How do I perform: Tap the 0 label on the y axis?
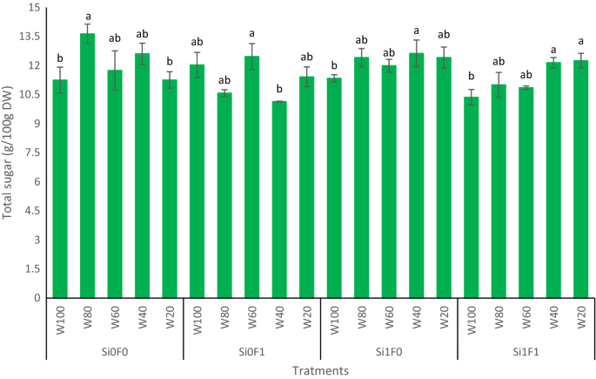[x=38, y=298]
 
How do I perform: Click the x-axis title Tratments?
[x=320, y=370]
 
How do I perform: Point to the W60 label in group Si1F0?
[x=390, y=315]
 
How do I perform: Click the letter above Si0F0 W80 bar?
[x=87, y=16]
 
